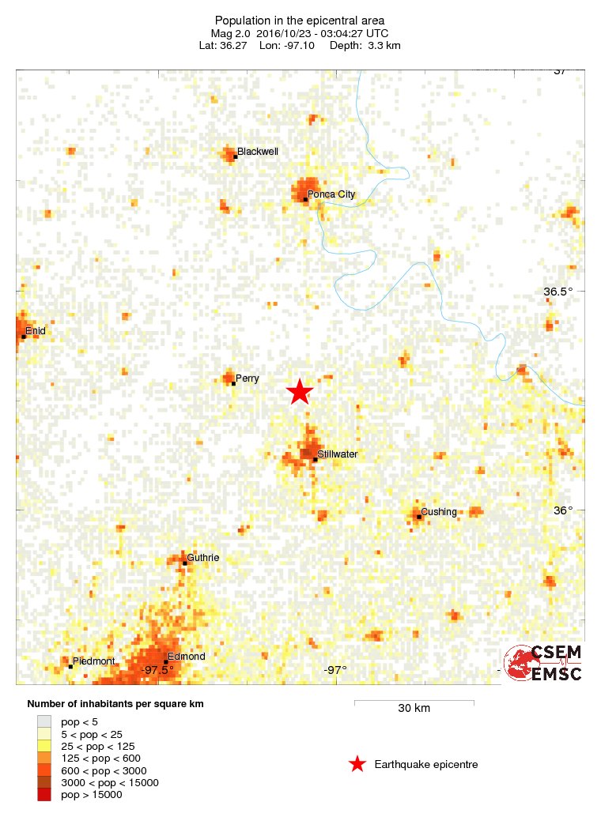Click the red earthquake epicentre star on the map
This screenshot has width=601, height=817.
300,392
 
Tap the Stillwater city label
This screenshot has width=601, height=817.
338,454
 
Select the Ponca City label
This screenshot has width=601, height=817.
331,194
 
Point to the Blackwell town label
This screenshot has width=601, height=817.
258,151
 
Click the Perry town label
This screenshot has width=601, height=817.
248,378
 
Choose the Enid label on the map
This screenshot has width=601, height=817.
36,331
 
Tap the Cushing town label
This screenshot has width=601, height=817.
439,511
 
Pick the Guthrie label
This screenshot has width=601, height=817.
203,558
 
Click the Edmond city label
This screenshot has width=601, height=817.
187,657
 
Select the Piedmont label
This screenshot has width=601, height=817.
94,661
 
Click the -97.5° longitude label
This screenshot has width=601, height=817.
158,671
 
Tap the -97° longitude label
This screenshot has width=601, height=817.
335,671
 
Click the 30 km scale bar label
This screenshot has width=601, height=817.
414,708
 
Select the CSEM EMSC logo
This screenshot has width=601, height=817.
544,663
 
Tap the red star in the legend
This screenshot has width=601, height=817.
357,764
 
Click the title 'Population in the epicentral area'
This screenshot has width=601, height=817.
300,20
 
